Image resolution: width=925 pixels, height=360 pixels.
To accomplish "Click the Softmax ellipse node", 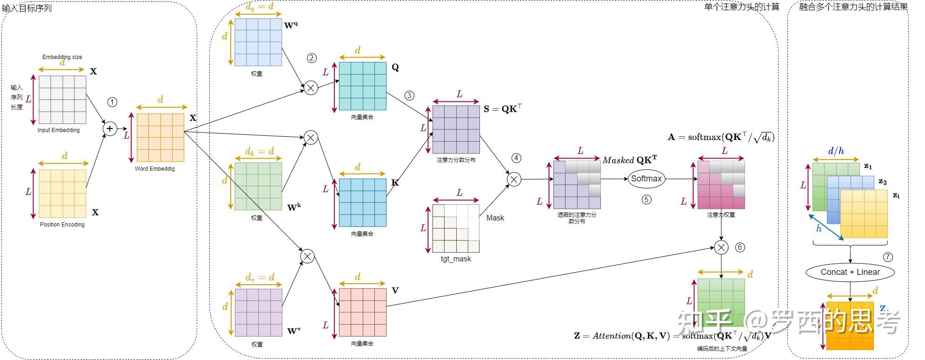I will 646,179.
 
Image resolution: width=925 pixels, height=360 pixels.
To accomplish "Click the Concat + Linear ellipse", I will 850,272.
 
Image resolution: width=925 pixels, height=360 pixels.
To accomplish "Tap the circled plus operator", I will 110,128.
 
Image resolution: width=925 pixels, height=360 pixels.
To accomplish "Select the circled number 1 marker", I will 112,102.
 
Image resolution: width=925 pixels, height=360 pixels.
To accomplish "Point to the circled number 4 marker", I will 516,158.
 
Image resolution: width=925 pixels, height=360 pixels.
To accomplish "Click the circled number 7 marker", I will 888,257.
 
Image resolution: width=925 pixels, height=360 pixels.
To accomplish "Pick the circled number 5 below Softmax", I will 646,200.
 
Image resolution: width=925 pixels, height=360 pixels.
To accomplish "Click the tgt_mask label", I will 456,259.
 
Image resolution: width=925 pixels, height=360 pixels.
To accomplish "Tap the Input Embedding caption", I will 59,130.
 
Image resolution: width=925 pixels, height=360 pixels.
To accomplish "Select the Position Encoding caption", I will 62,224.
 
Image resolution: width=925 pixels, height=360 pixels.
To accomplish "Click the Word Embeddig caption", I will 155,168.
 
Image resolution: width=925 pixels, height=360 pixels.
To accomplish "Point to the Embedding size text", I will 62,57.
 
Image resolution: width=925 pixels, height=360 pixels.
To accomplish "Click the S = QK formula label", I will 502,109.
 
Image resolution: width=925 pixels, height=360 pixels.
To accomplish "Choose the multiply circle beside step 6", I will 721,247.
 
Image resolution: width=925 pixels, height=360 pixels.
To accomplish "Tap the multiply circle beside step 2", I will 311,87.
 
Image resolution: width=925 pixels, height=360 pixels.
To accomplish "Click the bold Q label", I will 395,67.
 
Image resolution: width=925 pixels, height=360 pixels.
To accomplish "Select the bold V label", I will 395,291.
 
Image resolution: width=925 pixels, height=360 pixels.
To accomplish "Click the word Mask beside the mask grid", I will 495,218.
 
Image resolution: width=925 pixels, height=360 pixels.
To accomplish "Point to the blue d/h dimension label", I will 836,151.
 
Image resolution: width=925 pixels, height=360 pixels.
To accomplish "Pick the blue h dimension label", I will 819,228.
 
